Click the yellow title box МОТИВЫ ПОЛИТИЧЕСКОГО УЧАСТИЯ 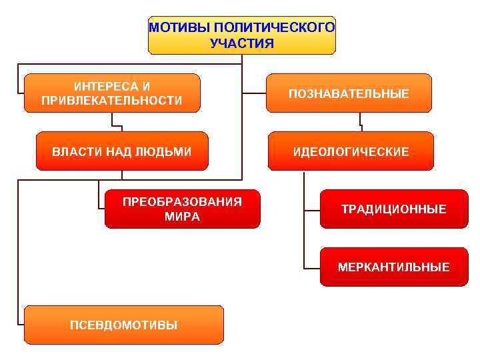tap(241, 35)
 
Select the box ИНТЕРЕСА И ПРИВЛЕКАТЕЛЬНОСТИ tap(112, 93)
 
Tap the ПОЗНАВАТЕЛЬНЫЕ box tap(349, 93)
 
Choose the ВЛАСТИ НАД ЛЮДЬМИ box tap(122, 151)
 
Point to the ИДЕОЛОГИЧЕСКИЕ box tap(351, 152)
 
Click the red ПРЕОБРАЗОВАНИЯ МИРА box tap(182, 209)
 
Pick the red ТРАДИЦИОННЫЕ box tap(394, 209)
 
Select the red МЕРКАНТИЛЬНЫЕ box tap(394, 267)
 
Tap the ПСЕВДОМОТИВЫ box tap(124, 325)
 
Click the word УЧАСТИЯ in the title tap(241, 44)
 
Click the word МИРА tap(182, 217)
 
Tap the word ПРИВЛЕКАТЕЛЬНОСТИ tap(112, 101)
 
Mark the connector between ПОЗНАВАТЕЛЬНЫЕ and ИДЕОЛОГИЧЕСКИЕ tap(361, 122)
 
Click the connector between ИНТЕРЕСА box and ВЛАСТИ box tap(117, 122)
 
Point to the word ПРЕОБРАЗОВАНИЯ tap(182, 202)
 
